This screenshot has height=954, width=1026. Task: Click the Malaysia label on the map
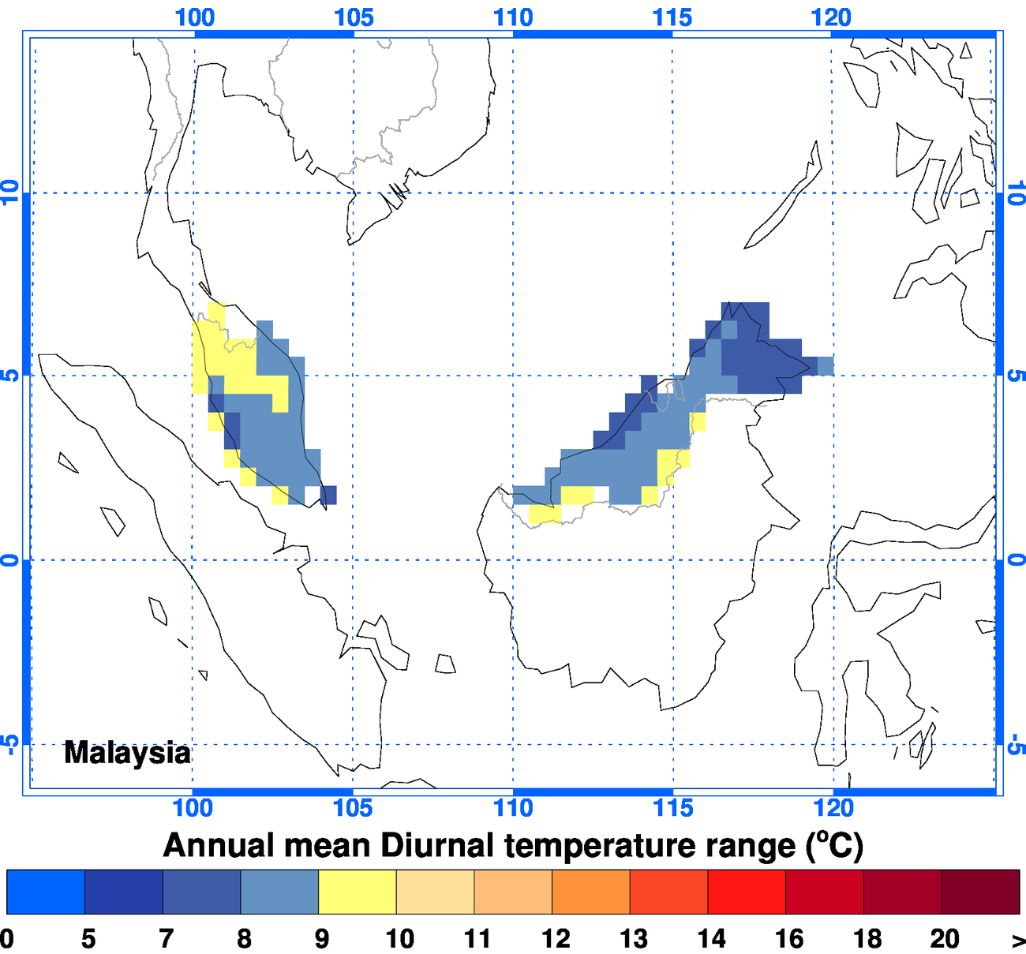(126, 753)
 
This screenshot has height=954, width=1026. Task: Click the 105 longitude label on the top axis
(354, 17)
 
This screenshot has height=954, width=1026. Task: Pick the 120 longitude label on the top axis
(831, 17)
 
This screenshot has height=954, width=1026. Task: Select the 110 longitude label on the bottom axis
(513, 808)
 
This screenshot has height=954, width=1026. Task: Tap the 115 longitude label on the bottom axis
(673, 808)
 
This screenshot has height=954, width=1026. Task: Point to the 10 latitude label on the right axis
(1017, 193)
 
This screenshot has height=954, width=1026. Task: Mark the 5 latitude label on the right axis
(1017, 376)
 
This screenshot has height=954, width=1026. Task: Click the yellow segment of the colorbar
(357, 892)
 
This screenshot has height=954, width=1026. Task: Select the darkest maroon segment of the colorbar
(980, 892)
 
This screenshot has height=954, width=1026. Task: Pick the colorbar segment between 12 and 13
(590, 892)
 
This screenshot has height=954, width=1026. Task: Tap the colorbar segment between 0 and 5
(45, 892)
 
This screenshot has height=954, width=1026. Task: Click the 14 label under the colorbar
(711, 938)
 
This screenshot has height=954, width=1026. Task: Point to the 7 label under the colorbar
(166, 938)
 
